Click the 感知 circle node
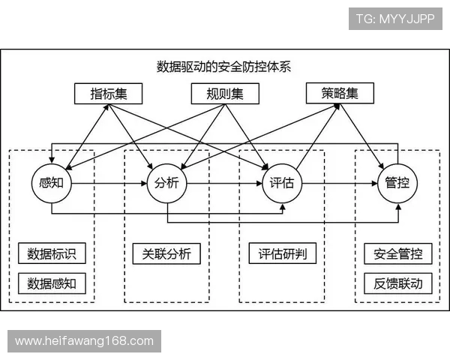click(x=50, y=182)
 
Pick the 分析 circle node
click(x=166, y=182)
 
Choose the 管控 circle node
click(x=397, y=182)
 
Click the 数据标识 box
click(x=51, y=253)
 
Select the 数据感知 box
click(x=51, y=283)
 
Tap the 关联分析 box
click(x=166, y=253)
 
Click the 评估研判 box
click(x=281, y=253)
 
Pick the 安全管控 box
click(x=397, y=253)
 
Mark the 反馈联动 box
click(x=397, y=283)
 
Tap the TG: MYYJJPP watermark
click(x=395, y=19)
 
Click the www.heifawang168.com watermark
click(x=84, y=341)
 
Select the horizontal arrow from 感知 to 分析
click(x=108, y=182)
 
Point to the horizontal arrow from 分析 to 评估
click(x=223, y=182)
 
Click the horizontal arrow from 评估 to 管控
click(x=339, y=182)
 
